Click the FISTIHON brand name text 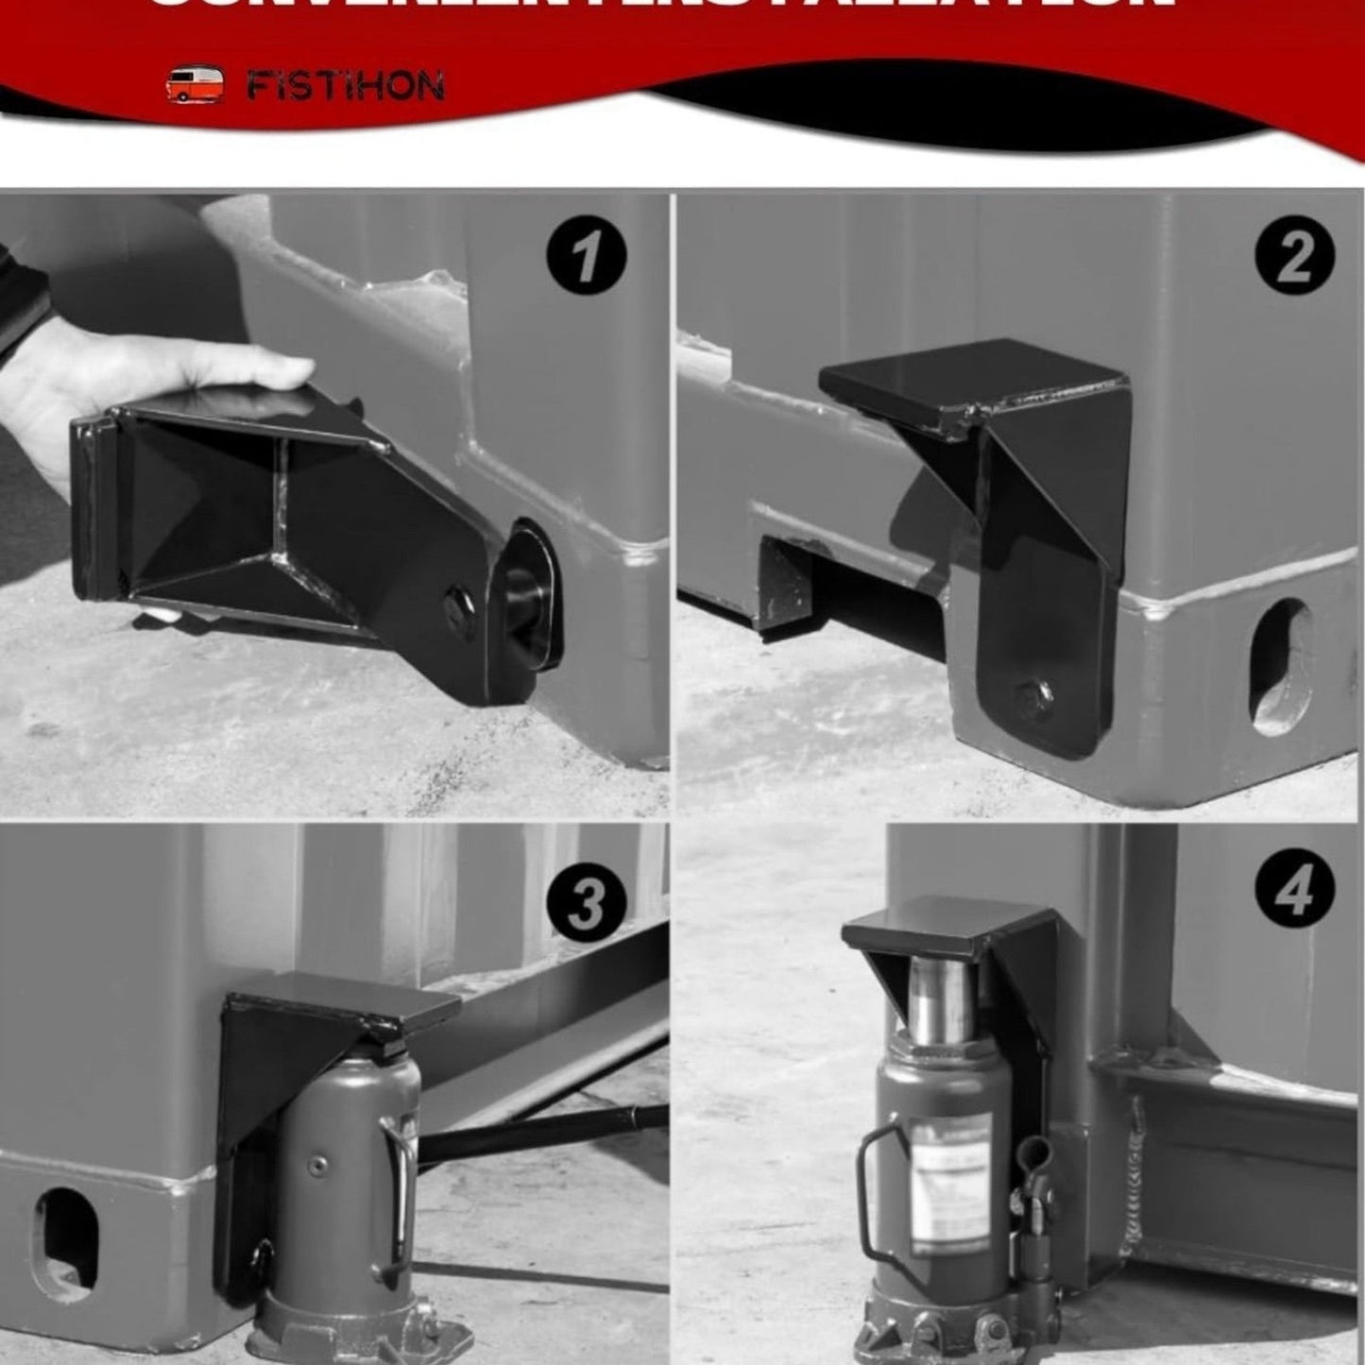click(345, 87)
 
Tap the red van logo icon click(195, 85)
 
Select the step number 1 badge click(586, 257)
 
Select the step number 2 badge click(1294, 257)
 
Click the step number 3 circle click(586, 904)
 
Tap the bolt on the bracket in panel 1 click(461, 602)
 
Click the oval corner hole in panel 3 click(64, 1238)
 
